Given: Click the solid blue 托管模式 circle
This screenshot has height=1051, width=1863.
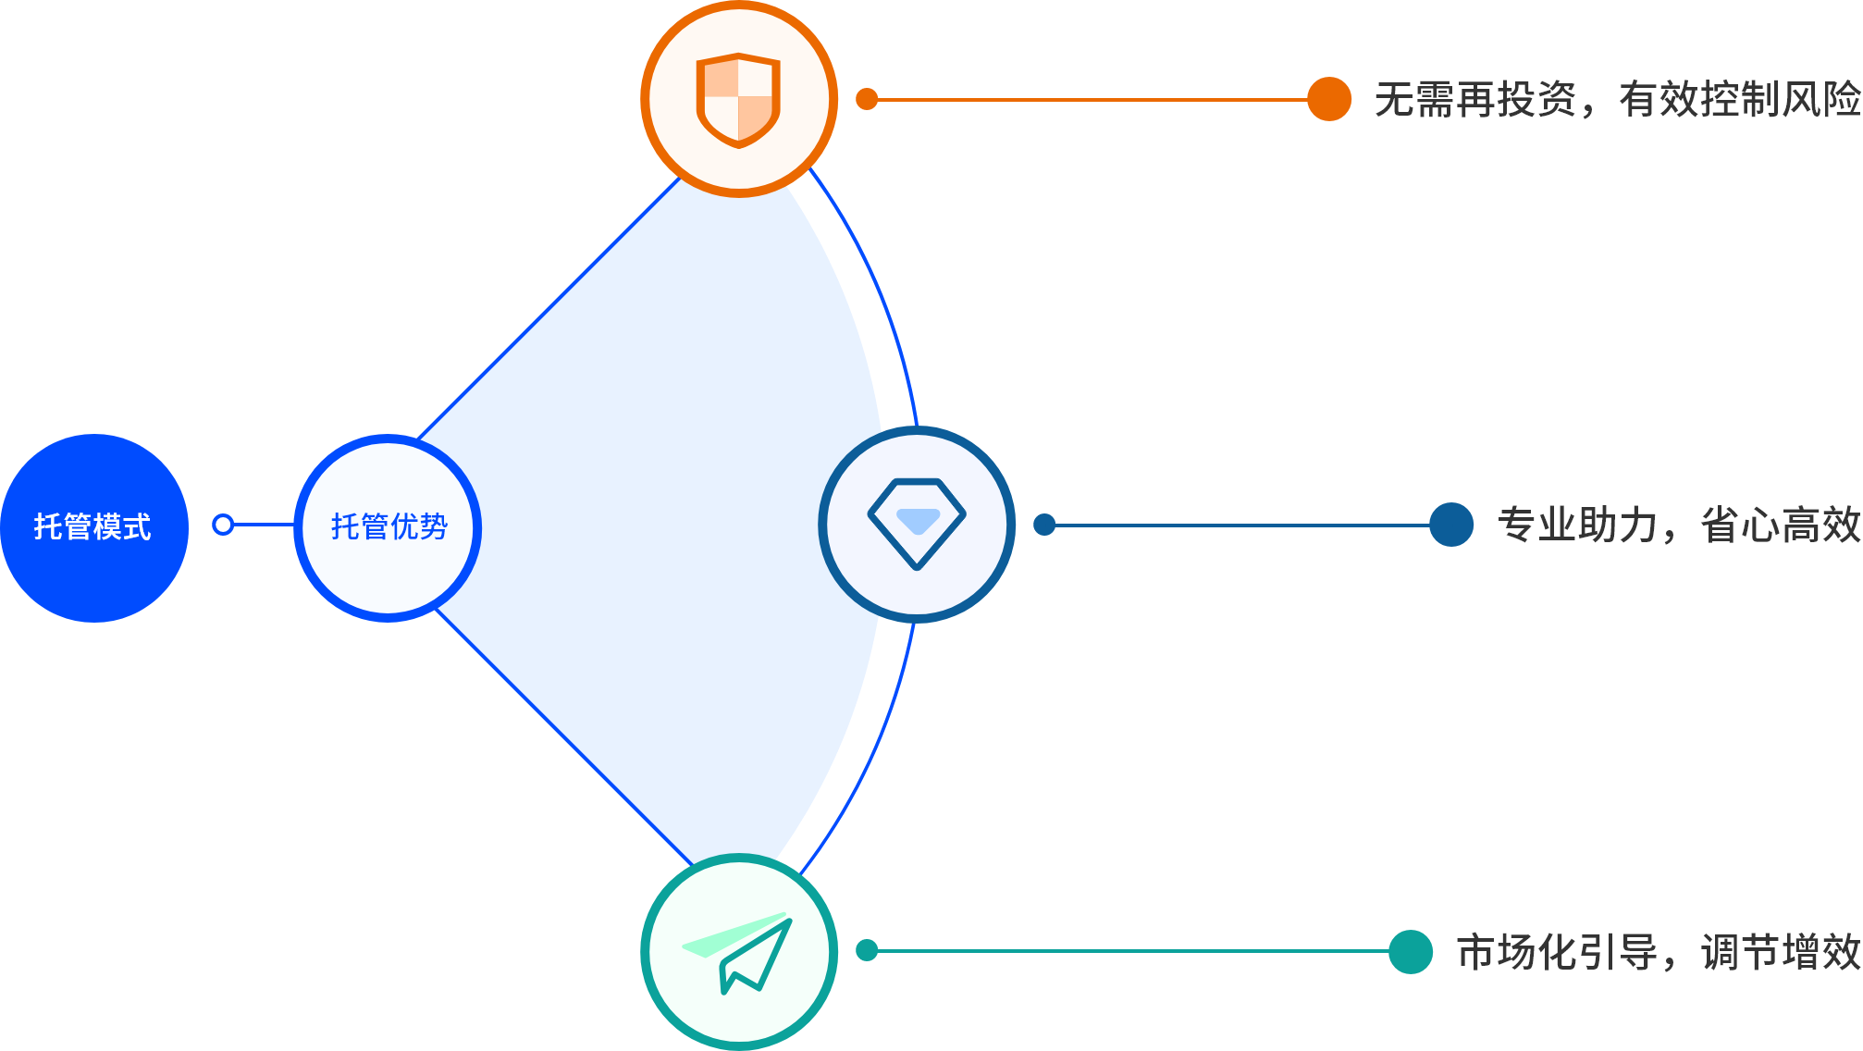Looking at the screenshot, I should click(x=93, y=527).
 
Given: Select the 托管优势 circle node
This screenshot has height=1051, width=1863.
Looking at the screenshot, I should click(x=388, y=527).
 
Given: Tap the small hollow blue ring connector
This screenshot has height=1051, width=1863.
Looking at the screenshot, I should click(x=223, y=525).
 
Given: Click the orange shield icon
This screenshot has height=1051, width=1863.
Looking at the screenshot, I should click(x=738, y=99).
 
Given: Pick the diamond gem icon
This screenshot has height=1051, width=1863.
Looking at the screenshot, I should click(x=917, y=524).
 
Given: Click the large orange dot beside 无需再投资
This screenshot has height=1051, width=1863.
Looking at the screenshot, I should click(x=1329, y=99).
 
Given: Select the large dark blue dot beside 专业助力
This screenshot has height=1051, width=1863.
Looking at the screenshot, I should click(x=1450, y=525).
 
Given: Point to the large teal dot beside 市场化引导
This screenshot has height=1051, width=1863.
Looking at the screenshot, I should click(x=1410, y=951).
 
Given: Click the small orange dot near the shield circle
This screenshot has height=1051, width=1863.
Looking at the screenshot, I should click(x=867, y=99).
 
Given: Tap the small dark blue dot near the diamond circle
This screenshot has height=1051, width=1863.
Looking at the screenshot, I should click(x=1044, y=525).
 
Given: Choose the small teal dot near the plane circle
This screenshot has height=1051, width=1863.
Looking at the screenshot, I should click(x=867, y=950).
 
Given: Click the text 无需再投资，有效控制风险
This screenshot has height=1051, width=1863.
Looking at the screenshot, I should click(x=1617, y=100).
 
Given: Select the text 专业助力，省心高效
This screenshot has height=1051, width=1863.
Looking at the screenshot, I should click(x=1678, y=525).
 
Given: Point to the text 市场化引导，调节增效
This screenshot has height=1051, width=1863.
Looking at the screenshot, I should click(x=1658, y=952).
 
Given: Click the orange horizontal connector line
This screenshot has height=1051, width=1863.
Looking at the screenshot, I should click(x=1092, y=99).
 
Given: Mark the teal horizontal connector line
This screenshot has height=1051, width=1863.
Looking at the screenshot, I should click(x=1129, y=950).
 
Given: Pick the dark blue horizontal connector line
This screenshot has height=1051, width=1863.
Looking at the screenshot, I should click(x=1240, y=525).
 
